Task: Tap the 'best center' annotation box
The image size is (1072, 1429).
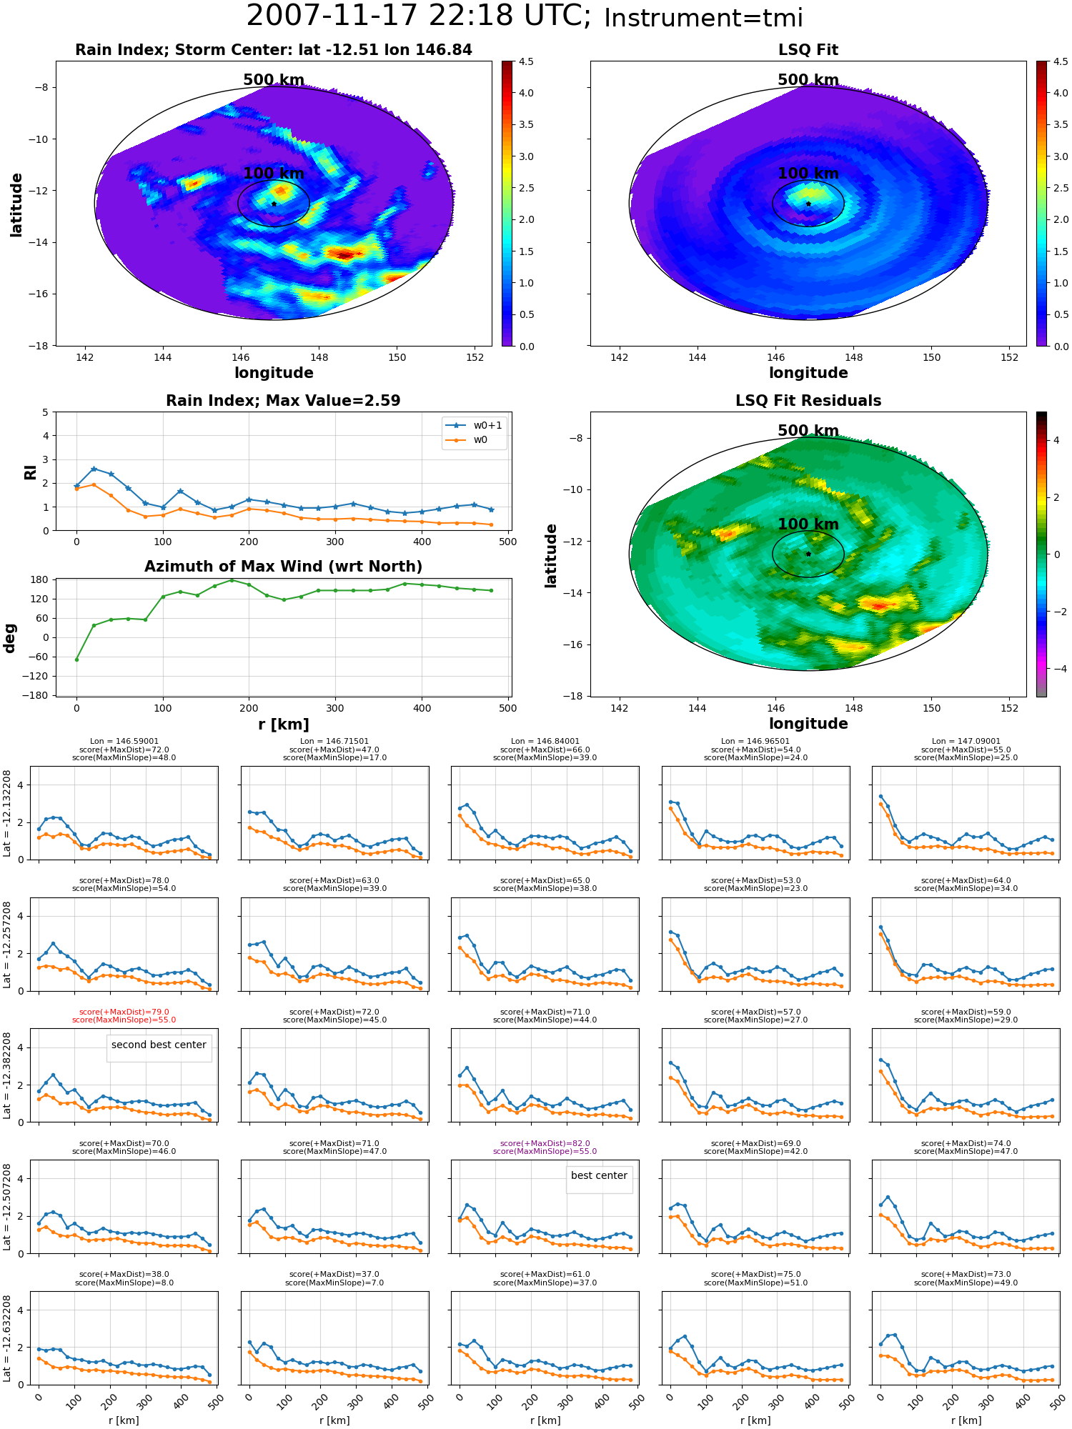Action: click(599, 1175)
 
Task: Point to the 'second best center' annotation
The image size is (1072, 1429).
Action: click(159, 1045)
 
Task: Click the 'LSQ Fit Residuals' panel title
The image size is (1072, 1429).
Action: click(808, 401)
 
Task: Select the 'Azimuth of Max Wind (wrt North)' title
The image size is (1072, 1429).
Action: click(283, 567)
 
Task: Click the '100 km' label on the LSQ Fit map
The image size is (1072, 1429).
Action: click(808, 174)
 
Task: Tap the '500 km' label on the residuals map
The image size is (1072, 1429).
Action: click(808, 431)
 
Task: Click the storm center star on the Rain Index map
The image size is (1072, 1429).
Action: click(274, 204)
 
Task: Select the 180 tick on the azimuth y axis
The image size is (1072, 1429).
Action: click(40, 579)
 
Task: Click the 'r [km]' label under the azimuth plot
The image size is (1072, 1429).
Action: click(284, 725)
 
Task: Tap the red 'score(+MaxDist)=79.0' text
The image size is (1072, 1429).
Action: click(124, 1012)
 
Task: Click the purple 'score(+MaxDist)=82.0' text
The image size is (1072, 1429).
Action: click(545, 1143)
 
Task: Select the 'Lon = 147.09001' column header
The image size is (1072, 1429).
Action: click(966, 742)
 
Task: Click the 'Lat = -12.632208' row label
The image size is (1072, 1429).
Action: click(7, 1338)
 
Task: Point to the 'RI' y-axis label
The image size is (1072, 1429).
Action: click(31, 472)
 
